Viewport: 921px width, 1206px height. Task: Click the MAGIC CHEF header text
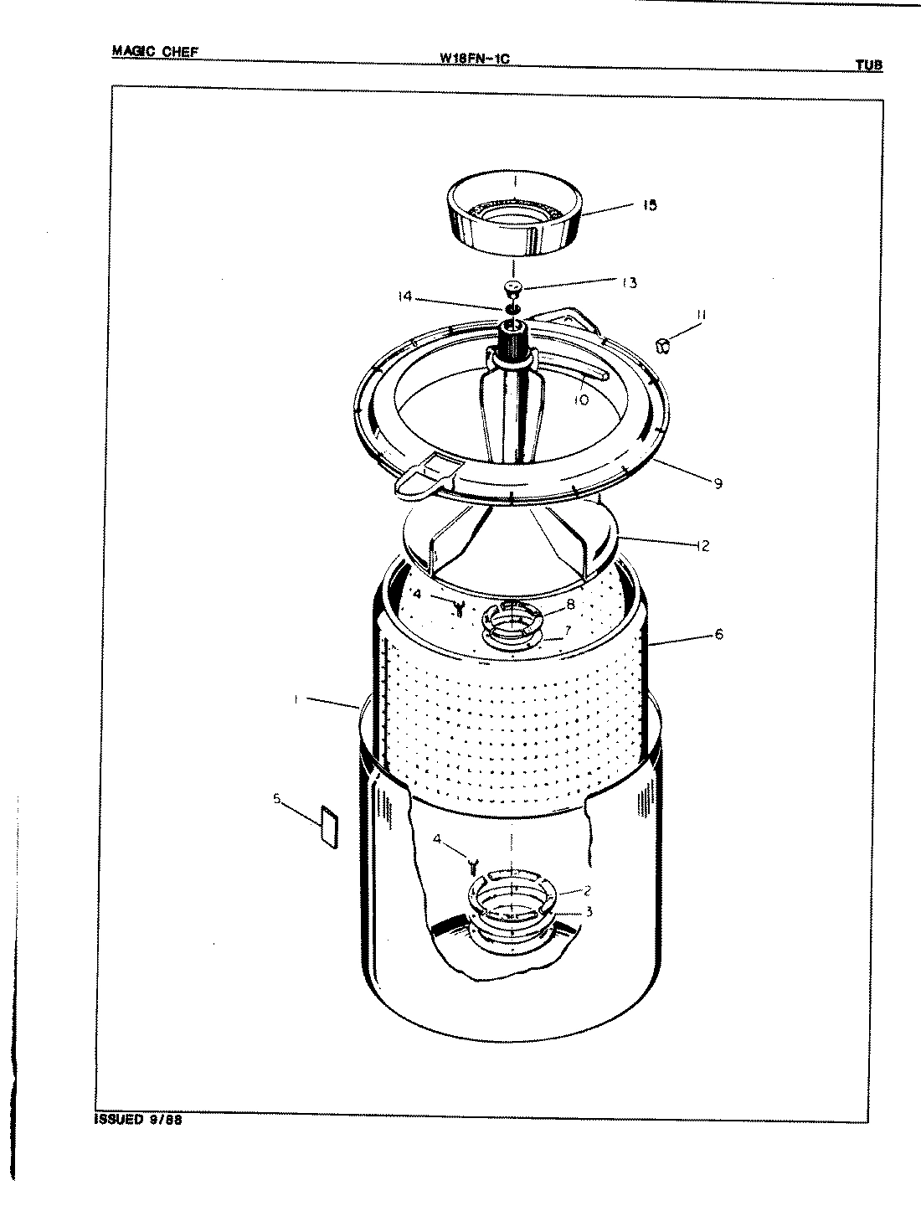coord(155,52)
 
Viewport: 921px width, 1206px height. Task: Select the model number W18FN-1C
coord(474,59)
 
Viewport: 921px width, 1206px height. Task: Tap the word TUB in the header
coord(868,65)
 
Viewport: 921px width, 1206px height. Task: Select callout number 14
coord(406,296)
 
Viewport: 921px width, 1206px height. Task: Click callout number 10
coord(580,400)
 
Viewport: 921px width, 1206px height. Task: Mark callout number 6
coord(718,635)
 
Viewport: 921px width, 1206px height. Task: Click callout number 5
coord(277,798)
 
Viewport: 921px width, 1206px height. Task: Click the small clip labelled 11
coord(663,344)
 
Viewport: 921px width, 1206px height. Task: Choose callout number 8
coord(569,604)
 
